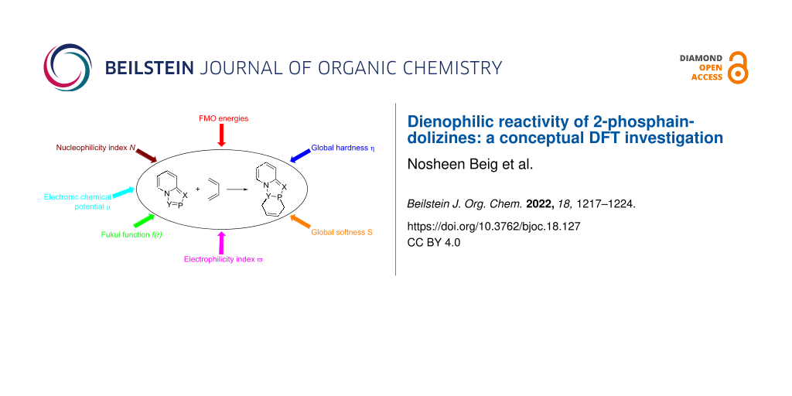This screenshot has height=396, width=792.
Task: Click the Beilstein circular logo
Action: [68, 68]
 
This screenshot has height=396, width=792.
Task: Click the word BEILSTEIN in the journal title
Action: [149, 68]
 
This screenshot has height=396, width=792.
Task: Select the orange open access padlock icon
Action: [737, 68]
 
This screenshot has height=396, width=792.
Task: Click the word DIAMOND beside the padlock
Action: [701, 58]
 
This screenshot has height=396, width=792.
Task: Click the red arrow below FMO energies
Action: [220, 136]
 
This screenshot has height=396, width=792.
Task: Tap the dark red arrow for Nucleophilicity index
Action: [146, 155]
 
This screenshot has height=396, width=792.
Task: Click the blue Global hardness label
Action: [343, 148]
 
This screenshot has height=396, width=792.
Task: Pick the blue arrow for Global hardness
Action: [300, 155]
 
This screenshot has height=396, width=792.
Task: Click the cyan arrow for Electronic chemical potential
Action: [123, 193]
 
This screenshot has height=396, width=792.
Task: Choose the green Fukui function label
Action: [131, 235]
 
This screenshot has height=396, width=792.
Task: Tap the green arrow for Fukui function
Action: [145, 220]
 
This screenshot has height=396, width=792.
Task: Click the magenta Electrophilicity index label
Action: [224, 260]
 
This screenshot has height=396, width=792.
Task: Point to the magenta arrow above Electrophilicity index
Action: [220, 243]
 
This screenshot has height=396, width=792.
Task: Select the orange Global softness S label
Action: [341, 233]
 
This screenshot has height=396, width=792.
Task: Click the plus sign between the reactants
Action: [197, 189]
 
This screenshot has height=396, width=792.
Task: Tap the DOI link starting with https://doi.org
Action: [494, 227]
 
